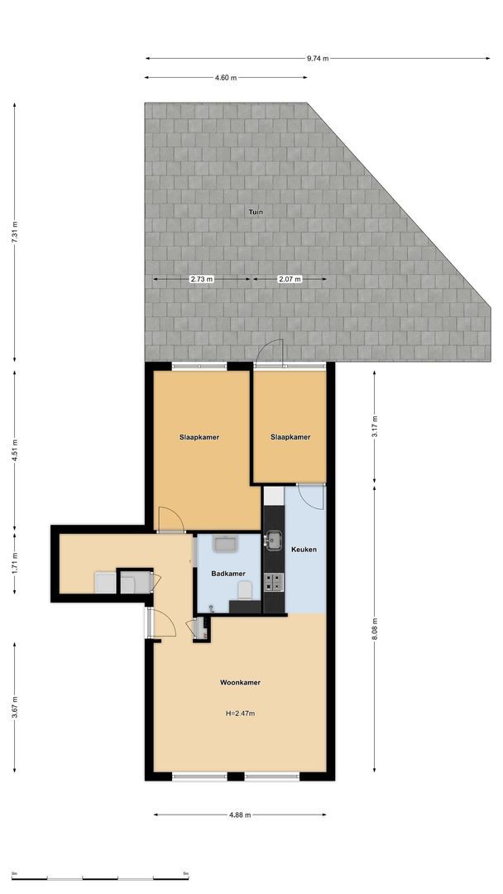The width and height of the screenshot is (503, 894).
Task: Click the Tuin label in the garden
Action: [256, 213]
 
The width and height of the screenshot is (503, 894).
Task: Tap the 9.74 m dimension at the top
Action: [318, 59]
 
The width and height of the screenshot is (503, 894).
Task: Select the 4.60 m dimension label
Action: [226, 78]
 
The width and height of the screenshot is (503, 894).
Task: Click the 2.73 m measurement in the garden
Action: [202, 280]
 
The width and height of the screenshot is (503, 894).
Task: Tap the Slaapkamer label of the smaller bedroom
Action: [290, 437]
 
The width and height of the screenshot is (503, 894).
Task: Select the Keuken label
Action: [304, 549]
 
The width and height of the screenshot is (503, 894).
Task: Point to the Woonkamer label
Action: [240, 683]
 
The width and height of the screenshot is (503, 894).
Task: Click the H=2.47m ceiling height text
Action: [240, 713]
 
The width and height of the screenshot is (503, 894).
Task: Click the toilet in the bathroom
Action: [244, 590]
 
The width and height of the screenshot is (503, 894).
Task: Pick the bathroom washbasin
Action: [225, 544]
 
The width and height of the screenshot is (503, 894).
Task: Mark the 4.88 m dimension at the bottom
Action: [240, 815]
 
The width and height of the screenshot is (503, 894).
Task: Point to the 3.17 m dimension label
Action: [375, 425]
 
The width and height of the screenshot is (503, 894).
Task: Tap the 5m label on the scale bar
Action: [185, 873]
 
